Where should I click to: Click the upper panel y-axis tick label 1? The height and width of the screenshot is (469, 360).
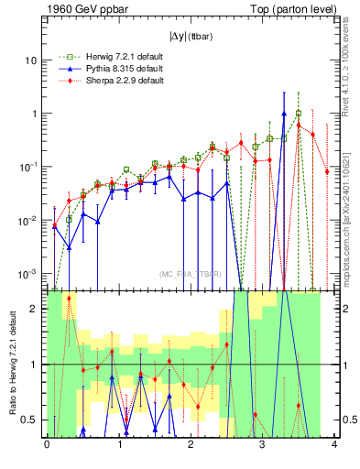34,114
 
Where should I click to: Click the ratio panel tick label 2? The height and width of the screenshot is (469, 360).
35,309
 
